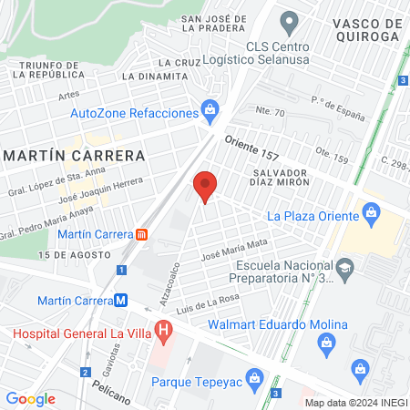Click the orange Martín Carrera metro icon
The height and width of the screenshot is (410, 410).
(142, 234)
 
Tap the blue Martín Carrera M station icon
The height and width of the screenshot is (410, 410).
(120, 300)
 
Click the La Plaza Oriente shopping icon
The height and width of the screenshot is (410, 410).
(371, 215)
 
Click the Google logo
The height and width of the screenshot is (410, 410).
(30, 398)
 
